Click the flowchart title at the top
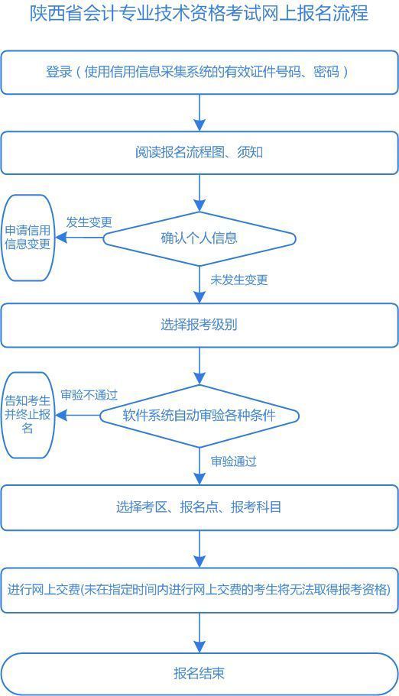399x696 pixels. (x=199, y=14)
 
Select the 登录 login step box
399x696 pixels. (x=199, y=73)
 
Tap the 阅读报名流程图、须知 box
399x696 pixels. (x=199, y=153)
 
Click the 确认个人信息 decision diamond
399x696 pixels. (x=199, y=238)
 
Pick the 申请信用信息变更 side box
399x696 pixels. (x=28, y=238)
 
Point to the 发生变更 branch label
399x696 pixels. (x=89, y=222)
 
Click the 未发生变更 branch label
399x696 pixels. (x=238, y=280)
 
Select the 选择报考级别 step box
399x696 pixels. (x=199, y=325)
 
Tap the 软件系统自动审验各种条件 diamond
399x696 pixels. (x=199, y=416)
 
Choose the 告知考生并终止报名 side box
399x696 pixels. (x=28, y=415)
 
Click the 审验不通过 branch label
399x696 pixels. (x=89, y=395)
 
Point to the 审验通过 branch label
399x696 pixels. (x=233, y=461)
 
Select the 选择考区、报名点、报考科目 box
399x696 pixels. (x=199, y=507)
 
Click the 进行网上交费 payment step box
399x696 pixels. (x=199, y=590)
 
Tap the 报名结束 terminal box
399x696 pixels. (x=199, y=673)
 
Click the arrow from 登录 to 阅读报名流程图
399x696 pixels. (x=199, y=112)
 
